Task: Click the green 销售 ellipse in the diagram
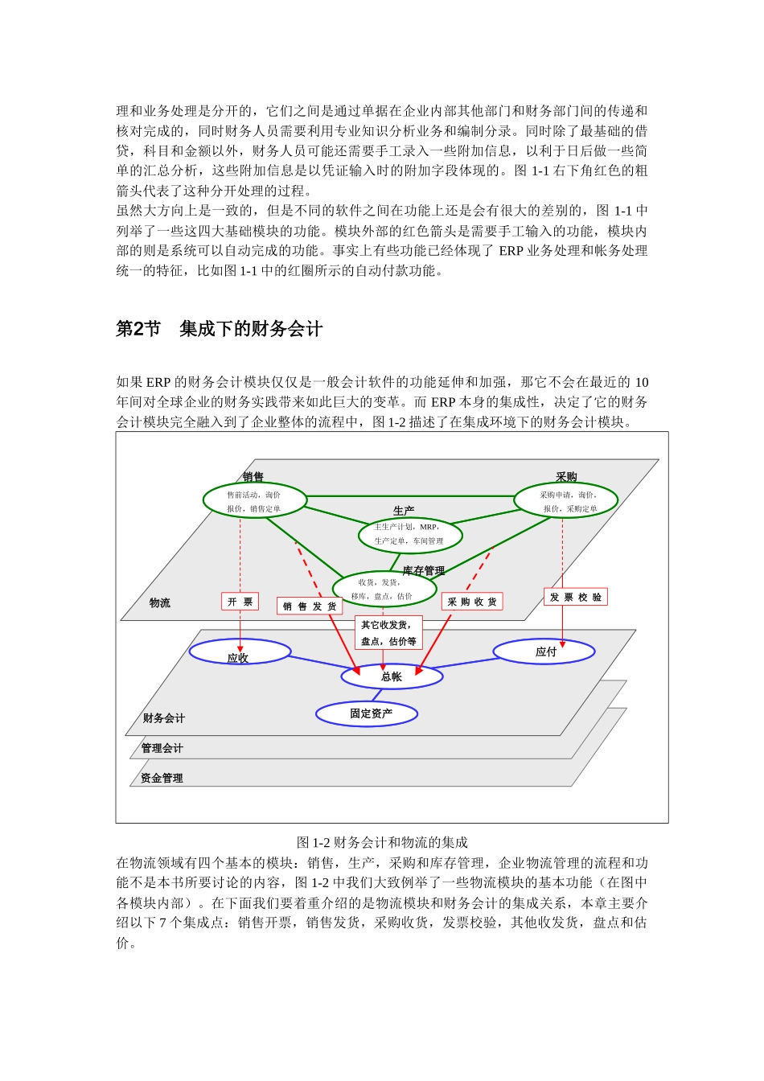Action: (255, 500)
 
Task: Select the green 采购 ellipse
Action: (566, 500)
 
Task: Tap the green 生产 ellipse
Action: (410, 535)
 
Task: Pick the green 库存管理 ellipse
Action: (384, 589)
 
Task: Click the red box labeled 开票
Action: (240, 602)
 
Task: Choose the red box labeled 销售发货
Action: (310, 606)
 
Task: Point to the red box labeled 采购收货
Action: (472, 602)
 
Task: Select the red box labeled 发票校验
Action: (576, 597)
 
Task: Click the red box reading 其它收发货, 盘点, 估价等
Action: (388, 633)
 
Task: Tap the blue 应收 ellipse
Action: (240, 651)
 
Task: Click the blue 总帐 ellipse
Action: (392, 676)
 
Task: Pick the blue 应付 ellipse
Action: (544, 651)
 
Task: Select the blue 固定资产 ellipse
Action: (368, 713)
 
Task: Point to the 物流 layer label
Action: (160, 602)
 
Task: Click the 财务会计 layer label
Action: (164, 718)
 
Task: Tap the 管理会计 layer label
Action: (162, 748)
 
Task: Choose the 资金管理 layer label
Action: (162, 778)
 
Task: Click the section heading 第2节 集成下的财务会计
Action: (220, 329)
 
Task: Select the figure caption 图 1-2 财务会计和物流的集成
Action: (382, 842)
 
